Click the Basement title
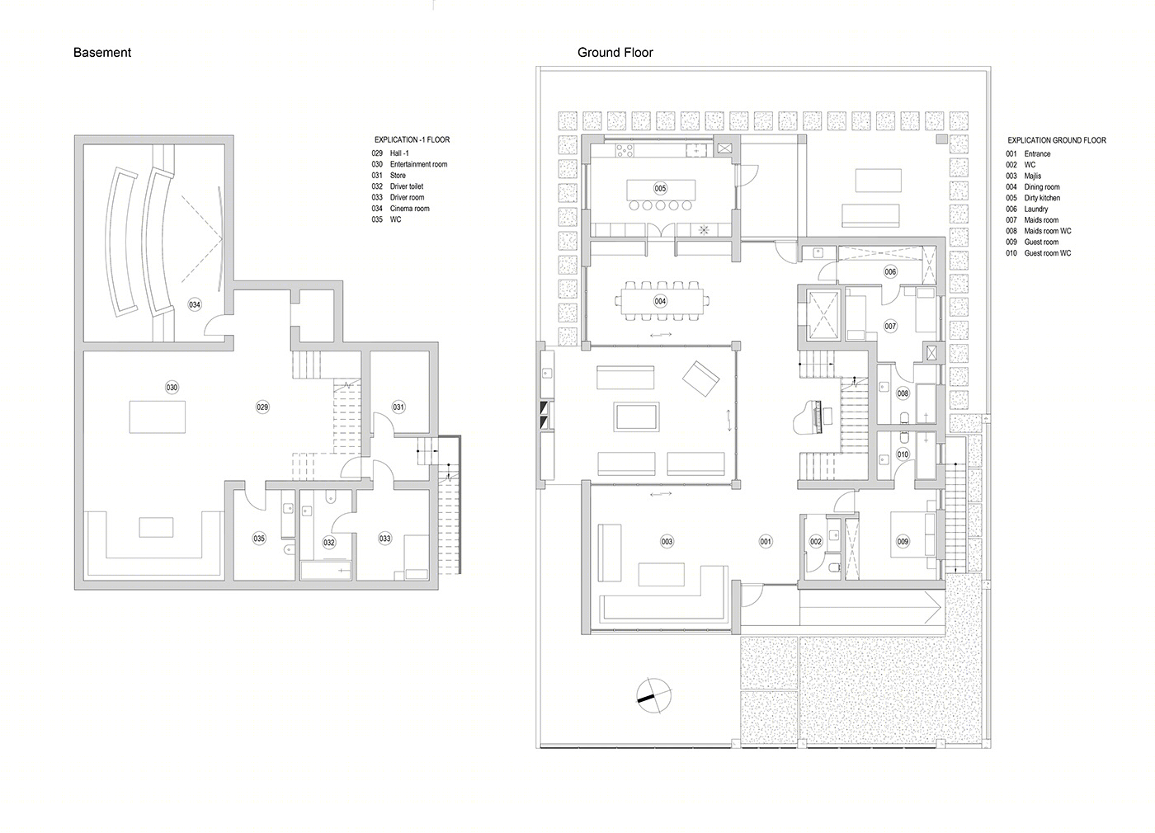(102, 53)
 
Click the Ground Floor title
(615, 53)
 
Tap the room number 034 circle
(195, 304)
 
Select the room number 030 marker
(172, 388)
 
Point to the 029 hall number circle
(262, 407)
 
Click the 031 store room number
(398, 407)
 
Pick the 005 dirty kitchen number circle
(661, 189)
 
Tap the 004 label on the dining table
(661, 301)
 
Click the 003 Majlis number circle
(667, 541)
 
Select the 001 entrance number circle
(766, 541)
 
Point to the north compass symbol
(654, 696)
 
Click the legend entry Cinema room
(409, 208)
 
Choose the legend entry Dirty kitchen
(1042, 198)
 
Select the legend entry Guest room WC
(1047, 253)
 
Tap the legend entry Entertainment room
(419, 164)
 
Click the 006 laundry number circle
(890, 271)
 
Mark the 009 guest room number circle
(903, 541)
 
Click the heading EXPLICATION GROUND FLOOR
(1057, 140)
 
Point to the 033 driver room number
(385, 539)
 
